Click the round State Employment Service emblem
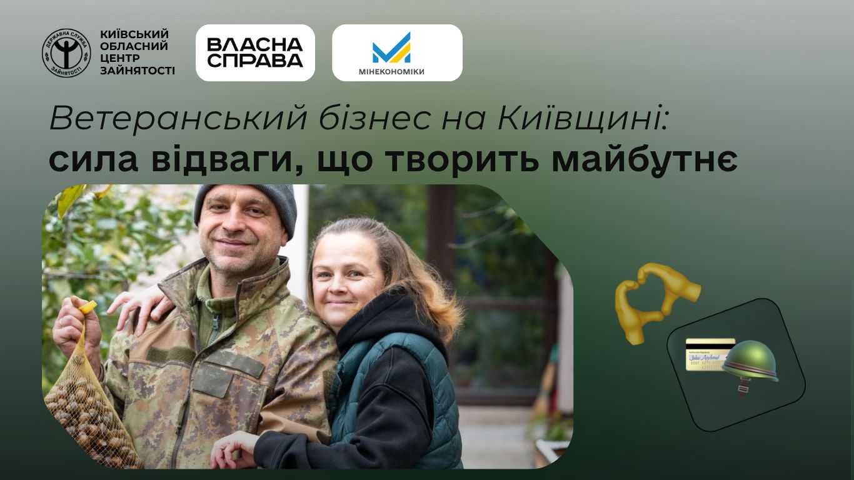[66, 53]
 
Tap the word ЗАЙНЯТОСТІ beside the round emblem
[137, 71]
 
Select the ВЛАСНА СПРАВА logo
[255, 53]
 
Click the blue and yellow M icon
[391, 48]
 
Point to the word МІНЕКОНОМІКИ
[391, 72]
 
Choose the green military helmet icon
[750, 362]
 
